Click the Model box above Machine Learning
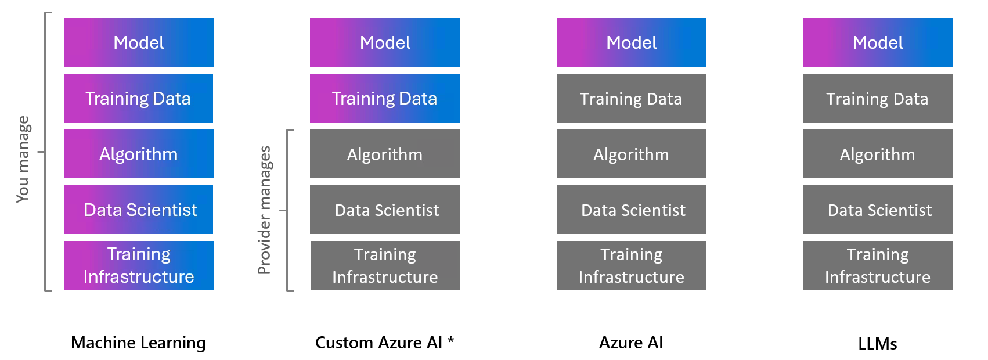[x=138, y=42]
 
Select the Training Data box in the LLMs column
[x=877, y=98]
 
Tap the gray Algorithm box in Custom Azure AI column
[x=384, y=154]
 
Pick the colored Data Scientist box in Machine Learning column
[x=138, y=210]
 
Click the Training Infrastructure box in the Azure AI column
[x=631, y=265]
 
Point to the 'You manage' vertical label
[x=23, y=159]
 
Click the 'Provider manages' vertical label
[x=265, y=210]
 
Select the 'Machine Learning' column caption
[x=138, y=343]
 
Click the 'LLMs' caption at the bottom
[x=877, y=344]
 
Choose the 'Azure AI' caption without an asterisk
[x=631, y=343]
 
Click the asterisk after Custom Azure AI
[x=450, y=340]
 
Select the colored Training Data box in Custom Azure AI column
[x=384, y=98]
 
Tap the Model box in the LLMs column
[x=877, y=42]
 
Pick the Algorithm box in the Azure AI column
[x=631, y=154]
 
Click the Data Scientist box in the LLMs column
[x=877, y=210]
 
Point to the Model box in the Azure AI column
[x=631, y=42]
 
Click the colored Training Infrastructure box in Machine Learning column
[x=138, y=265]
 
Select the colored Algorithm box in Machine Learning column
[x=138, y=154]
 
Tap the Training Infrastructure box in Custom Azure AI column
[x=384, y=265]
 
